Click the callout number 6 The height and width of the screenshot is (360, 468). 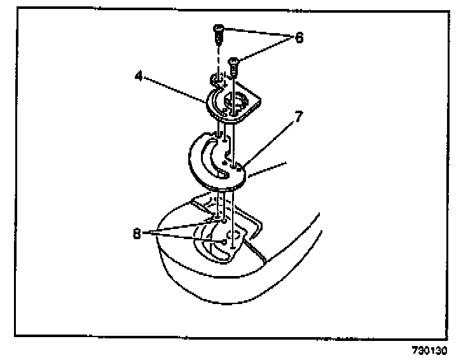pos(298,38)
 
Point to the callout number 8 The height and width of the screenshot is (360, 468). pos(137,233)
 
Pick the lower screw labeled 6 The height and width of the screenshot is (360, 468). pos(233,64)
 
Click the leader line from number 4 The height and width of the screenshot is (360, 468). pos(175,88)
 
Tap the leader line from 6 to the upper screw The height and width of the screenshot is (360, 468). pos(254,32)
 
